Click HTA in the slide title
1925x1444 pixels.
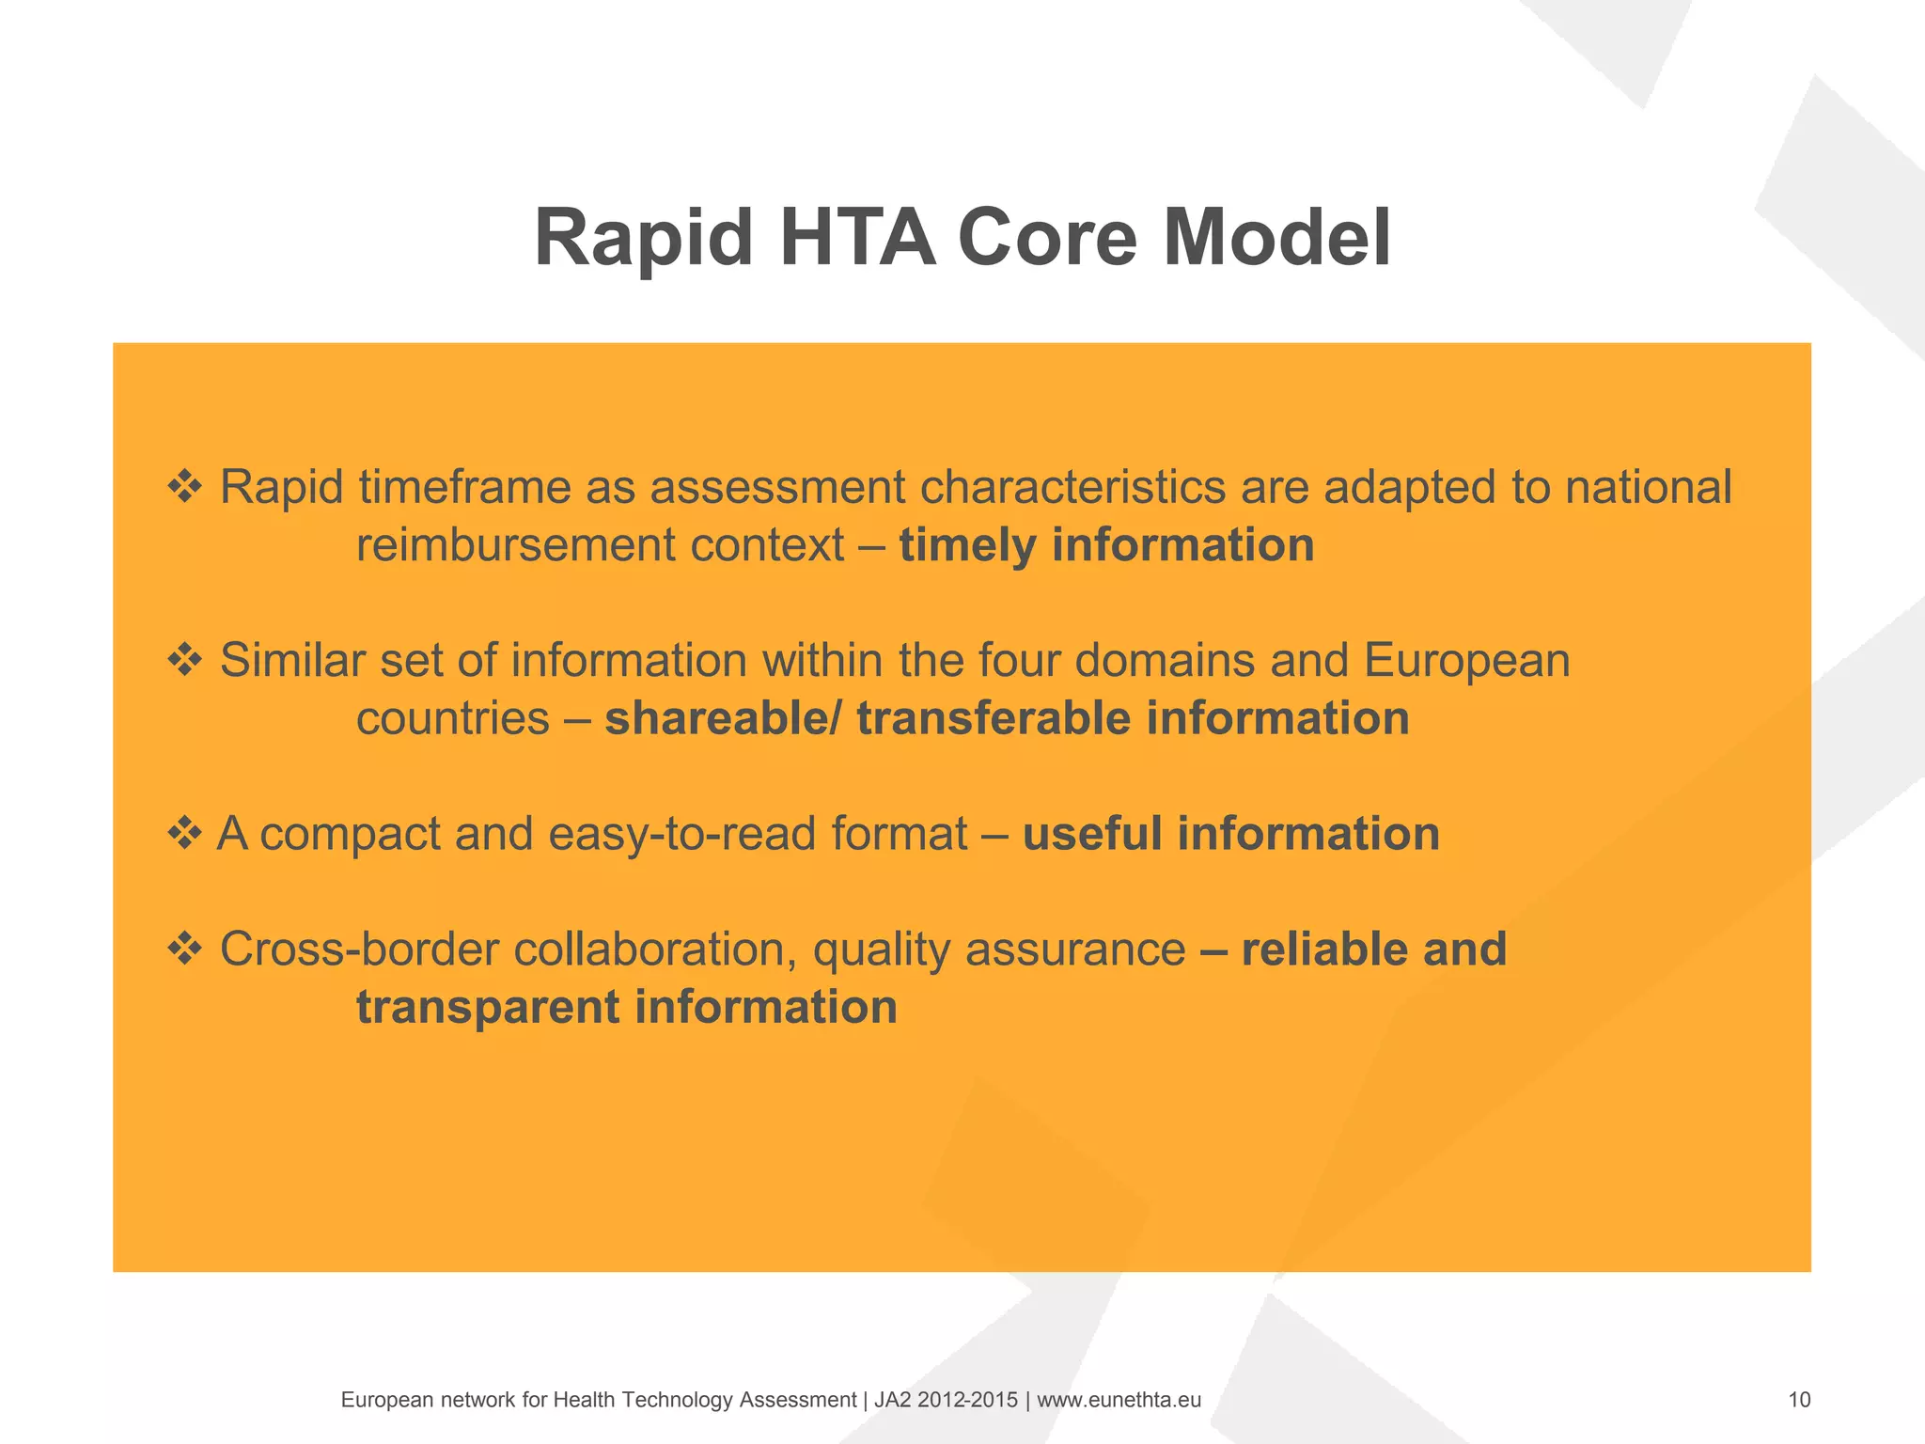tap(857, 239)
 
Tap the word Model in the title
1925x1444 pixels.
tap(1276, 239)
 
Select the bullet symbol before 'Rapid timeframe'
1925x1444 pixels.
tap(185, 487)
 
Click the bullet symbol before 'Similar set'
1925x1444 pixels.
tap(185, 660)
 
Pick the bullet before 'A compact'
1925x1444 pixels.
tap(185, 833)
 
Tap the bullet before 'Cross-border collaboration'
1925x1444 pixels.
tap(185, 949)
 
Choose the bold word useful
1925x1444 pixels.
tap(1091, 834)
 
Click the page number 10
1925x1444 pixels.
tap(1799, 1400)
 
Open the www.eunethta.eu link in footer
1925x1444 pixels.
tap(1119, 1400)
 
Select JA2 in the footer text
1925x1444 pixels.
tap(892, 1400)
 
